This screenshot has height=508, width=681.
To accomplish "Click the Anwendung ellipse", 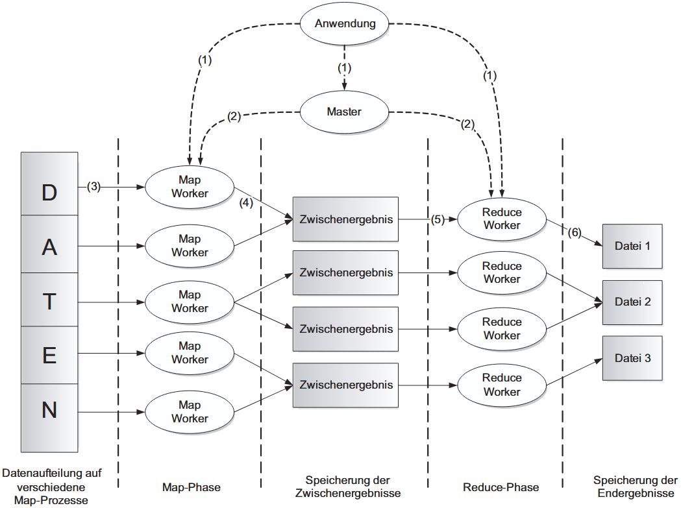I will (x=345, y=24).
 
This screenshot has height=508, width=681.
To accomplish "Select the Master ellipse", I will (x=344, y=112).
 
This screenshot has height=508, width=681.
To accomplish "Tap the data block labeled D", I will (x=49, y=193).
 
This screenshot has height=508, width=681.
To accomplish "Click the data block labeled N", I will (x=49, y=410).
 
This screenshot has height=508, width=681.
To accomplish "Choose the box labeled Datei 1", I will (x=632, y=246).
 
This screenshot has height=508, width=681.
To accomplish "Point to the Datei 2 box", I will (x=632, y=302).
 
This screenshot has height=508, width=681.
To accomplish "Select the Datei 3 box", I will (x=632, y=358).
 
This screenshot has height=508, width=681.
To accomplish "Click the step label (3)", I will (x=93, y=187).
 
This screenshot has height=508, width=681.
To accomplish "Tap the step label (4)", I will (x=245, y=202).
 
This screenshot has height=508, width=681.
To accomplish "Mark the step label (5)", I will (x=438, y=219).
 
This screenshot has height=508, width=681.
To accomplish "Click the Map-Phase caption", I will (x=190, y=487).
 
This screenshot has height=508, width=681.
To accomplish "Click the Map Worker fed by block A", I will (x=190, y=246).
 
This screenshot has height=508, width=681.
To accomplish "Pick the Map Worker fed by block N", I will (x=190, y=412).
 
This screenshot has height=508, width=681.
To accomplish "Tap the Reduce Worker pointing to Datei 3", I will (x=502, y=385).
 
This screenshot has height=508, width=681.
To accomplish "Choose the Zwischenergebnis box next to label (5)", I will (x=346, y=219).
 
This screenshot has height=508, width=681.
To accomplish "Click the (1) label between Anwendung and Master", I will (x=345, y=67).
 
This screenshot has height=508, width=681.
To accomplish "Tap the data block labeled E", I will (x=49, y=355).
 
